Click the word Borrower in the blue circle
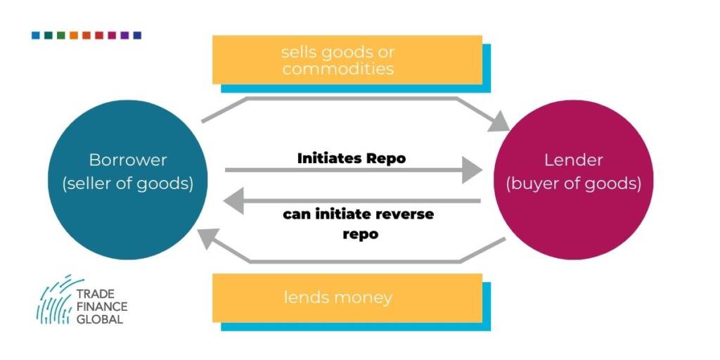[x=128, y=160]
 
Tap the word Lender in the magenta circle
[x=573, y=160]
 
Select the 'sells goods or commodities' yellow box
[x=347, y=60]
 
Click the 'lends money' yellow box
[x=347, y=298]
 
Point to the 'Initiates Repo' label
[x=352, y=158]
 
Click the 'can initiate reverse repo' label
[x=358, y=224]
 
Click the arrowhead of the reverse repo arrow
[x=233, y=200]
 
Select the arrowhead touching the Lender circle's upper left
[x=500, y=122]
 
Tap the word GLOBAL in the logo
[x=100, y=320]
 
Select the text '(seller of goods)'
[x=128, y=184]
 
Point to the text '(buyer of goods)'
[x=574, y=184]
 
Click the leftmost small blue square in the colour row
[x=36, y=35]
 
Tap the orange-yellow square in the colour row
[x=74, y=35]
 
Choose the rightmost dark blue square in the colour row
[x=137, y=35]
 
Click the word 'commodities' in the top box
[x=338, y=69]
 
